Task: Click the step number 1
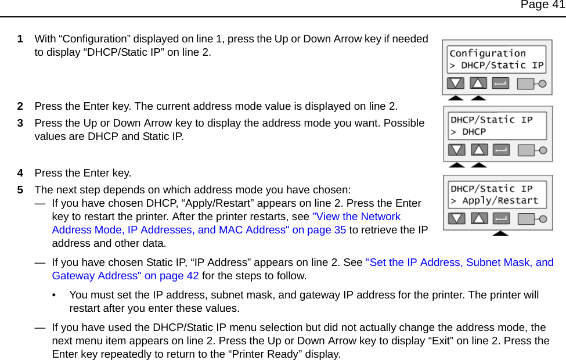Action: pos(20,39)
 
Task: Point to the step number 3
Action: pos(20,123)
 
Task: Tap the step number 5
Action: pos(20,190)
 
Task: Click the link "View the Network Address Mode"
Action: pos(356,217)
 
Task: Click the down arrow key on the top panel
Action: pos(456,83)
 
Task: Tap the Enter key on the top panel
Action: pos(500,83)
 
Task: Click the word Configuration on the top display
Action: pos(488,53)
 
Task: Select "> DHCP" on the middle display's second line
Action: pos(468,132)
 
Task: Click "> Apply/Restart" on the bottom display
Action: pos(495,201)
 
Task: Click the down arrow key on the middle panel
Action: pos(457,150)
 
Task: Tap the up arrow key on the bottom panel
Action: pos(479,219)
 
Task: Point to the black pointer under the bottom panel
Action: pos(500,232)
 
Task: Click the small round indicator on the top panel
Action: pos(543,84)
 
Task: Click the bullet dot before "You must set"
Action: pos(54,296)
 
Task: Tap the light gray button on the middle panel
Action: pos(527,150)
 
